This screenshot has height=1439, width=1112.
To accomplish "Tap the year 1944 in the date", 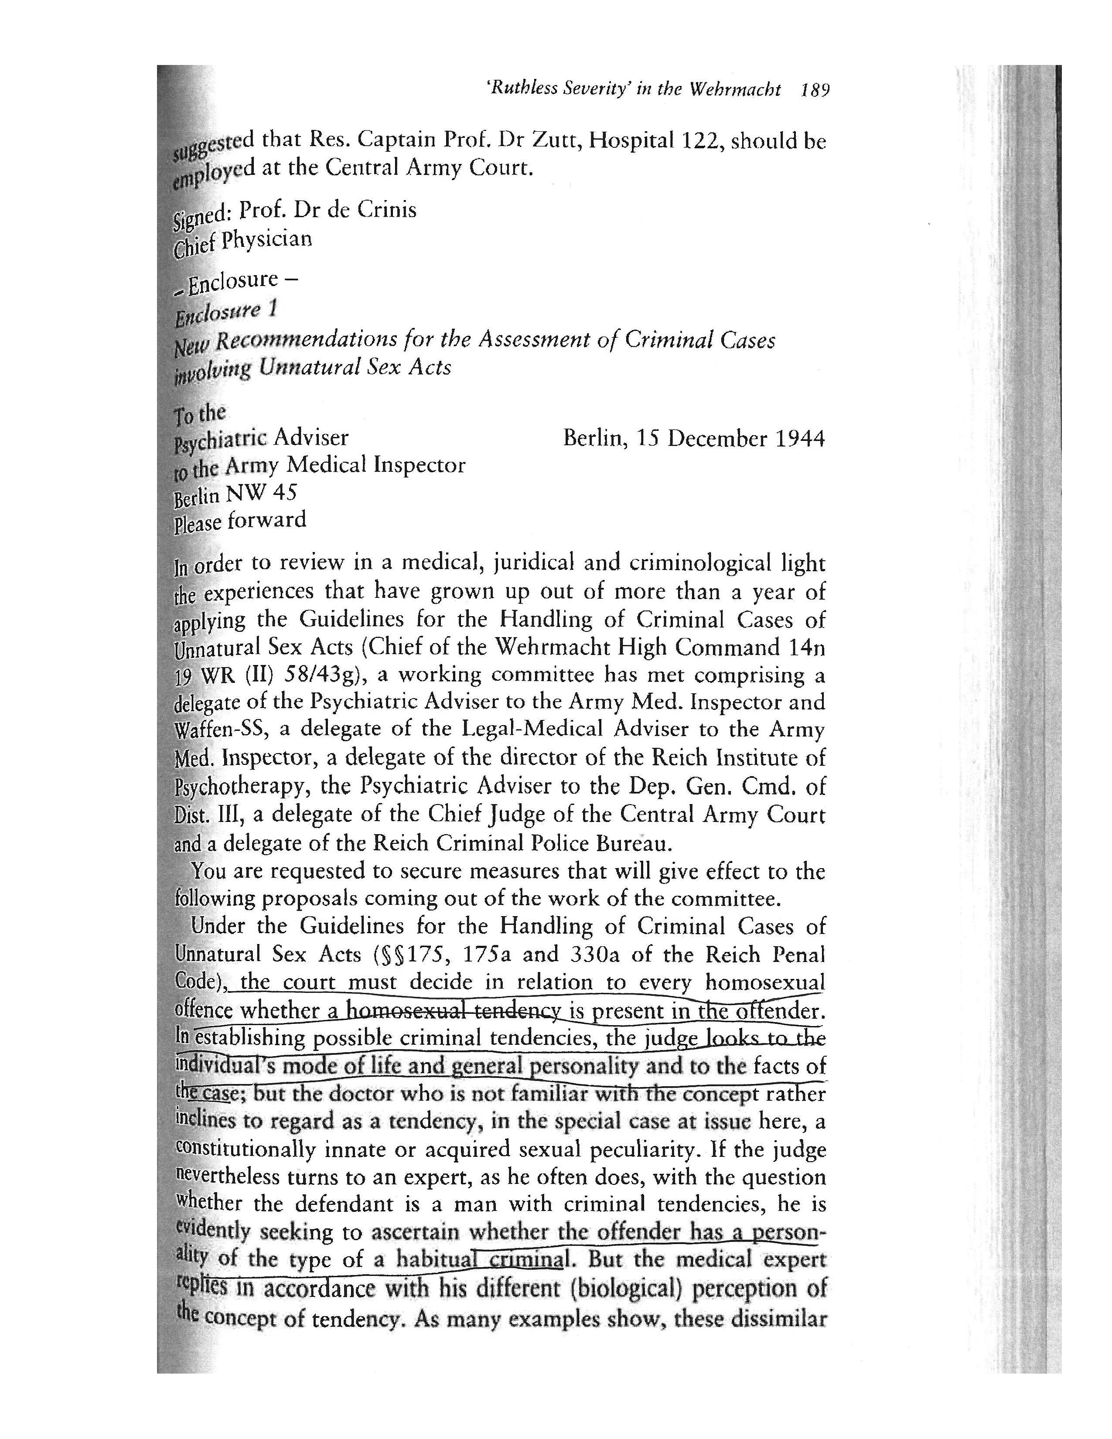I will (x=799, y=439).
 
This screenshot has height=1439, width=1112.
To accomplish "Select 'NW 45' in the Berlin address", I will (x=261, y=492).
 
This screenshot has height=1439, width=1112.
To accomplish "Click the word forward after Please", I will (x=267, y=520).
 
